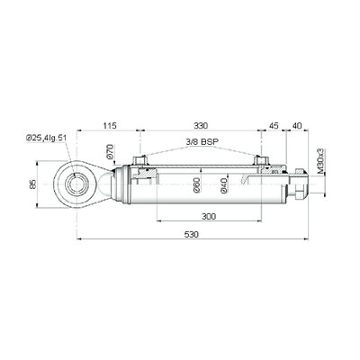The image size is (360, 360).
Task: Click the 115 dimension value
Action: pyautogui.click(x=110, y=125)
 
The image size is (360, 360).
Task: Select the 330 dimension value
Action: pyautogui.click(x=201, y=125)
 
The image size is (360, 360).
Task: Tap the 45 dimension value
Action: pyautogui.click(x=274, y=125)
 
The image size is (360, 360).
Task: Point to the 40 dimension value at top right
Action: pyautogui.click(x=297, y=125)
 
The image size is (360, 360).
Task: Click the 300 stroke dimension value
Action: pyautogui.click(x=209, y=216)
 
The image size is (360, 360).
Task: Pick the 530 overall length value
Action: pyautogui.click(x=192, y=234)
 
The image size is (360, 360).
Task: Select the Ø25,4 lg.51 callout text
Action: pyautogui.click(x=46, y=138)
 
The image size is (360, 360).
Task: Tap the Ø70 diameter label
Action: pyautogui.click(x=110, y=151)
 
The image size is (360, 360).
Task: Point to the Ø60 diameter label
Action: pyautogui.click(x=196, y=185)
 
